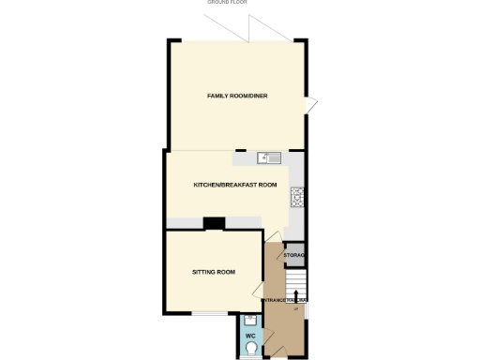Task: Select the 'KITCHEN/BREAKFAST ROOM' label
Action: (x=235, y=185)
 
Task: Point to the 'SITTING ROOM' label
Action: (x=213, y=272)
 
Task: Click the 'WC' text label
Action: (x=250, y=335)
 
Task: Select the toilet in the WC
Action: (x=250, y=349)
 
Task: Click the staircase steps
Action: (x=297, y=282)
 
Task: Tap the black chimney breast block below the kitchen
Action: (x=215, y=223)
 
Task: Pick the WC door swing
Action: (x=266, y=338)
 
